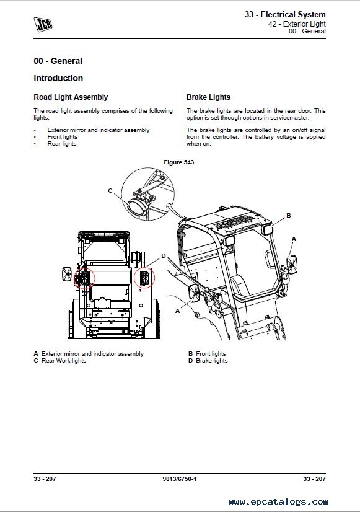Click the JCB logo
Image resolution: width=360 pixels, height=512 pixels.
(x=43, y=25)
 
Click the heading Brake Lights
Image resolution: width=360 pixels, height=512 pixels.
(x=208, y=97)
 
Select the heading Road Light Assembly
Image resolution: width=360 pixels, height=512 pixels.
(x=71, y=97)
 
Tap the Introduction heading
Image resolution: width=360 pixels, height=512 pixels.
(x=58, y=78)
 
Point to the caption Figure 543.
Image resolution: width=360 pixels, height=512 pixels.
(x=180, y=162)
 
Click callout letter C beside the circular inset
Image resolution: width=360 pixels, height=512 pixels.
(x=110, y=191)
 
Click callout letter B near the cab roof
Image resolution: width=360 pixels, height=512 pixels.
(x=289, y=216)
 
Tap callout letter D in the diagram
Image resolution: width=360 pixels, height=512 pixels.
(x=164, y=256)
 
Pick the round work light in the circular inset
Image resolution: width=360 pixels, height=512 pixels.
(x=136, y=207)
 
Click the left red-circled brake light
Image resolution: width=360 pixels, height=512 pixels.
(x=84, y=278)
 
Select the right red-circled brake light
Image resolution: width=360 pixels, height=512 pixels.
(x=144, y=278)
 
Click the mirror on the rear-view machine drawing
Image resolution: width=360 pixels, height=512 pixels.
(x=66, y=274)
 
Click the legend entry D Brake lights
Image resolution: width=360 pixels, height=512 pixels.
(x=208, y=361)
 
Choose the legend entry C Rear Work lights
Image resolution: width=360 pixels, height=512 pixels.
(x=59, y=361)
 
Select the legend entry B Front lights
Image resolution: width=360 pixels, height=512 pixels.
(x=207, y=354)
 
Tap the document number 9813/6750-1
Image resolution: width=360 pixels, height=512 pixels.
(x=180, y=479)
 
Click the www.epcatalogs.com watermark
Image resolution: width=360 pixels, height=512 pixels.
(x=278, y=501)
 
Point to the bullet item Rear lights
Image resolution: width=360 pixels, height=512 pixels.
(x=62, y=144)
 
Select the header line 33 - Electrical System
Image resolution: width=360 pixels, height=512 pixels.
(x=285, y=15)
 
